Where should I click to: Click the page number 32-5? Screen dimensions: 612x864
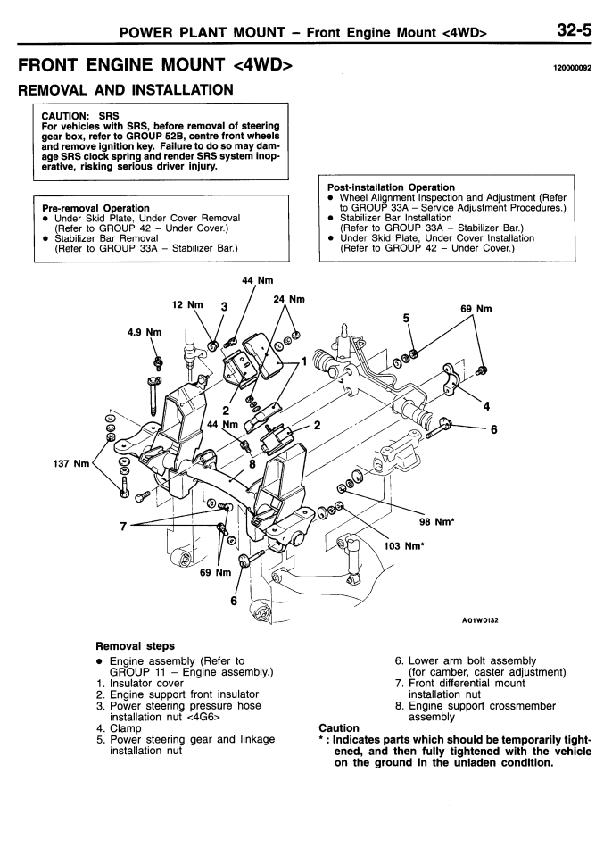[574, 29]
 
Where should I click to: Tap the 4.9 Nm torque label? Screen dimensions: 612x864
[145, 332]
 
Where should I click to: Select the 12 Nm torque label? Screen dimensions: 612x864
[187, 304]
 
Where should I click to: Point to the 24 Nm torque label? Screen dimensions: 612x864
[289, 299]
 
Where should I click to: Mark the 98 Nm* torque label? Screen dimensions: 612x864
[437, 522]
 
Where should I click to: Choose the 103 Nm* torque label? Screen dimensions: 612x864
[404, 546]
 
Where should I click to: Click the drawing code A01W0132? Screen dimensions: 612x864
[480, 620]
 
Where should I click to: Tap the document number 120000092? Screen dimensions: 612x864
[573, 69]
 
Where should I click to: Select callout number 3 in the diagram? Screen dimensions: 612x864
[224, 307]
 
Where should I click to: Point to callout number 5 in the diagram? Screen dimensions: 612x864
[407, 318]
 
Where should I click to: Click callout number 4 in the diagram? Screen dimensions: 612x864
[486, 407]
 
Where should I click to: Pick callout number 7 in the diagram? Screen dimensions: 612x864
[123, 527]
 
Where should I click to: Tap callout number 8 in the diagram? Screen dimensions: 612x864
[252, 463]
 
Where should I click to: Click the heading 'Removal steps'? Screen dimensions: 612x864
[135, 646]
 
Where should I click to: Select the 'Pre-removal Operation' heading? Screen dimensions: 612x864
[95, 208]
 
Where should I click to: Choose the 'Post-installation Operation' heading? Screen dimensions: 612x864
[391, 187]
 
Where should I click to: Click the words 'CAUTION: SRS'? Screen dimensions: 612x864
[80, 116]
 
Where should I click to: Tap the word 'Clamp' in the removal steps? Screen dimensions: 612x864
[126, 728]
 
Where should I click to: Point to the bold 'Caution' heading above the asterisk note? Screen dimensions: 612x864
[339, 728]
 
